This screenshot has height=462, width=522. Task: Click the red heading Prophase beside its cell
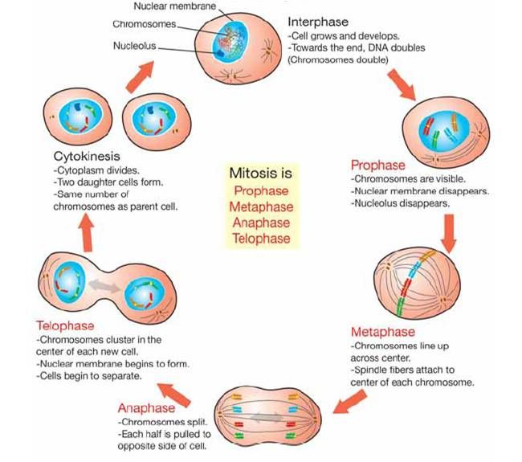pyautogui.click(x=377, y=166)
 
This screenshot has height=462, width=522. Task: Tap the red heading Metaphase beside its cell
pyautogui.click(x=383, y=331)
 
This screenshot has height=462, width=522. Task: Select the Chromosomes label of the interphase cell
pyautogui.click(x=144, y=24)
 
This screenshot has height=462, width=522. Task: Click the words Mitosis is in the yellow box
pyautogui.click(x=261, y=174)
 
